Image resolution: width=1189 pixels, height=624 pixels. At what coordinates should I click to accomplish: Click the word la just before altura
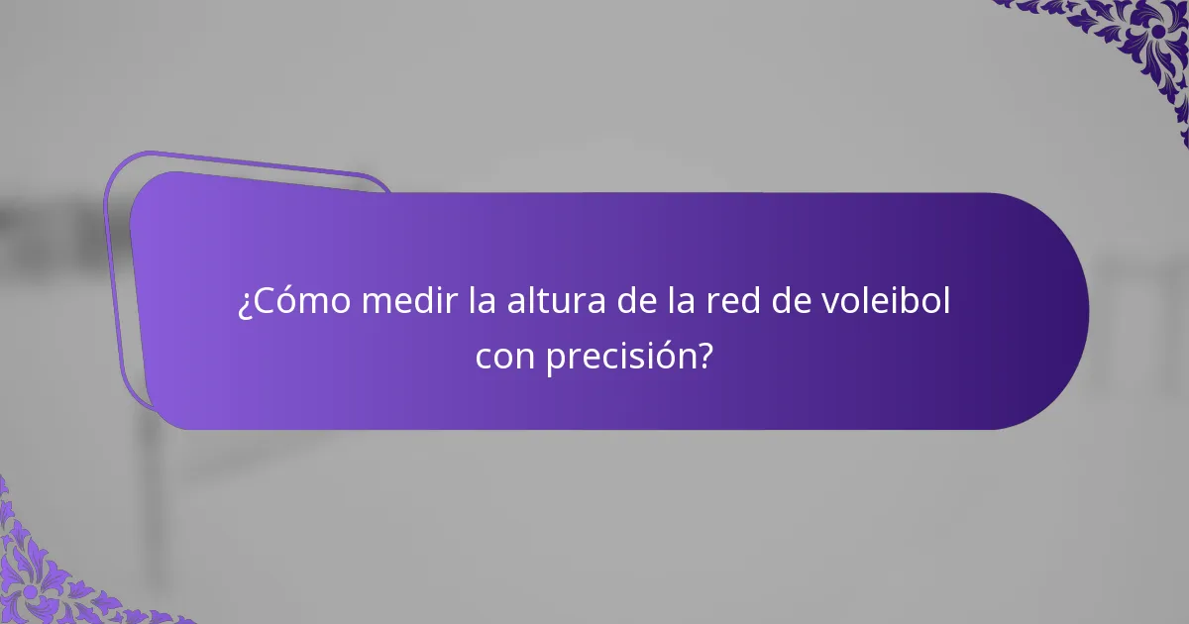click(x=485, y=301)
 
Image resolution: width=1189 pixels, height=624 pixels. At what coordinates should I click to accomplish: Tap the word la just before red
click(x=682, y=301)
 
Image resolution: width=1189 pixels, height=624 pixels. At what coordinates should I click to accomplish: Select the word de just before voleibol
click(x=793, y=301)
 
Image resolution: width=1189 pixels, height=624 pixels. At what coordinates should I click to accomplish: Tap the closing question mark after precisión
click(x=704, y=356)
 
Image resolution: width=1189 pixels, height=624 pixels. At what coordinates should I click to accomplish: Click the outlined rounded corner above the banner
click(x=248, y=163)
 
